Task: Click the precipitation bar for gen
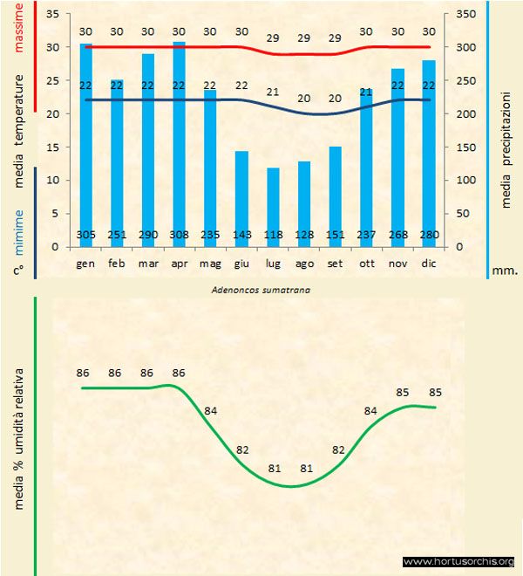[85, 144]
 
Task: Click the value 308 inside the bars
[179, 235]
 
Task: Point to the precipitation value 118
[272, 235]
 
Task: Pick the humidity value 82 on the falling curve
[242, 449]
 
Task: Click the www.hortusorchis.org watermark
[459, 562]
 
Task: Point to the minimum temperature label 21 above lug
[272, 92]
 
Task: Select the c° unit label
[18, 271]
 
